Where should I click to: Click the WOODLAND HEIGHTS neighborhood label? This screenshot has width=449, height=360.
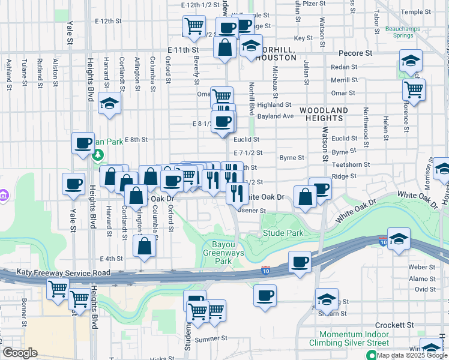[x=324, y=115]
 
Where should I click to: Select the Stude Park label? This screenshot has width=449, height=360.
[x=278, y=232]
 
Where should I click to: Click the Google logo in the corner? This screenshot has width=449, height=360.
[x=21, y=353]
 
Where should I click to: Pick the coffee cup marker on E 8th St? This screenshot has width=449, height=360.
[x=83, y=143]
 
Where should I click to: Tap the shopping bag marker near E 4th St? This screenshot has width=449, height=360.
[x=144, y=246]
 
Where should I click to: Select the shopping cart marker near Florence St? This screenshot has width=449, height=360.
[x=414, y=89]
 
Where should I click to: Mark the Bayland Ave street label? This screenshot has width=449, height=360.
[x=275, y=116]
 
